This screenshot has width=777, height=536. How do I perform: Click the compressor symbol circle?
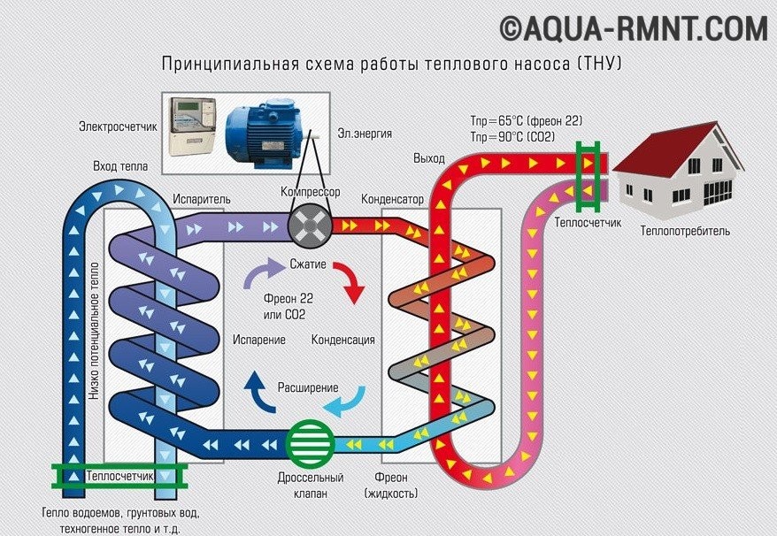tap(309, 226)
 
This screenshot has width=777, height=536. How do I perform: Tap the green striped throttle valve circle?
tap(309, 440)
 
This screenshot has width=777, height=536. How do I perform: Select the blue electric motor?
tap(267, 134)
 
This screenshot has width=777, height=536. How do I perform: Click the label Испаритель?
tap(201, 199)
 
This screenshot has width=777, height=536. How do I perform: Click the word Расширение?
tap(308, 387)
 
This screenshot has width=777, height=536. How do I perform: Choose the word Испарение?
tap(259, 340)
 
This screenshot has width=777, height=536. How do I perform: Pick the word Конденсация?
tap(343, 340)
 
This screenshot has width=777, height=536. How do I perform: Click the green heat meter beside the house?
tap(585, 165)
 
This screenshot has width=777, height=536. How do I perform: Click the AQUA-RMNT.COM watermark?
tap(634, 28)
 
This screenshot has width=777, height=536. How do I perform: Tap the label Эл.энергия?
tap(364, 134)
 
